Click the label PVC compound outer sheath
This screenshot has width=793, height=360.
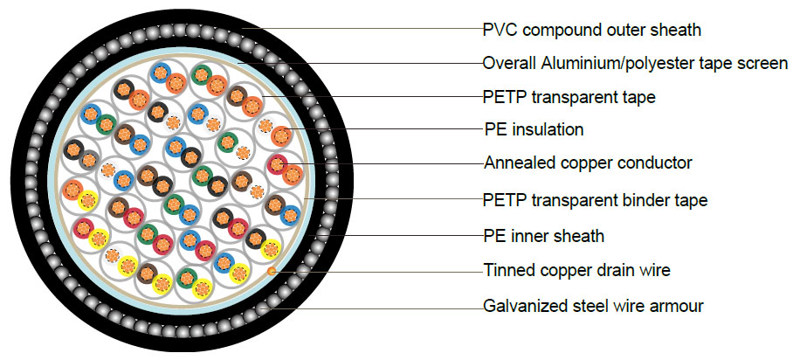pyautogui.click(x=591, y=31)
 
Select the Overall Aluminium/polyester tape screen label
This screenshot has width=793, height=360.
pyautogui.click(x=635, y=63)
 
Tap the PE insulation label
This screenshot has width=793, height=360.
pyautogui.click(x=533, y=130)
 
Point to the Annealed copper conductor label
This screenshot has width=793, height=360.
pyautogui.click(x=587, y=163)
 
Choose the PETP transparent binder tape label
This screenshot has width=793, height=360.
pyautogui.click(x=595, y=200)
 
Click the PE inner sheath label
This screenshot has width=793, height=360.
pyautogui.click(x=543, y=236)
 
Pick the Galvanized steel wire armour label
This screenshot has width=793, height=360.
pyautogui.click(x=593, y=306)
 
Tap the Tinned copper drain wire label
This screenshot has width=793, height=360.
pyautogui.click(x=576, y=270)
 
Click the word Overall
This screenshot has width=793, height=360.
pyautogui.click(x=510, y=63)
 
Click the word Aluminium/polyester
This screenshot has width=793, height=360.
pyautogui.click(x=617, y=63)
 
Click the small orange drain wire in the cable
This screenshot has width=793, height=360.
pyautogui.click(x=272, y=272)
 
